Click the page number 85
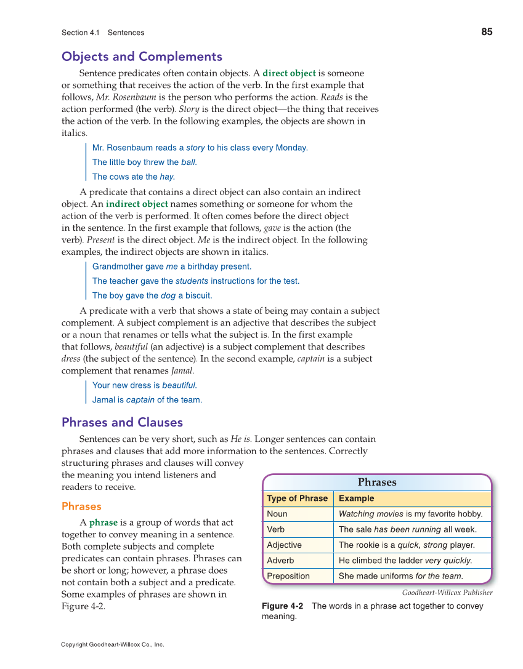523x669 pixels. [487, 32]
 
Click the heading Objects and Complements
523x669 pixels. [142, 57]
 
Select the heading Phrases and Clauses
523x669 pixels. [122, 422]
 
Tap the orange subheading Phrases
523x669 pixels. [81, 507]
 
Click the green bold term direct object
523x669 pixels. [289, 73]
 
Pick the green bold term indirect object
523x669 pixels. [137, 204]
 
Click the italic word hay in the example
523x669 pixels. [167, 177]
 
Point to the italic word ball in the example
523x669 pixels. [189, 162]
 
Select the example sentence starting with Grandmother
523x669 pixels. [171, 266]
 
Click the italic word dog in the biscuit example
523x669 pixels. [168, 295]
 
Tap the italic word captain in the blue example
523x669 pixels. [140, 400]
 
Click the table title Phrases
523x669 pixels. [377, 483]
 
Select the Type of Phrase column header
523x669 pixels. [297, 499]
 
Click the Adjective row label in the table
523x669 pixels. [284, 545]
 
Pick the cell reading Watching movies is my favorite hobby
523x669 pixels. [410, 514]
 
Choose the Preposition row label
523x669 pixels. [288, 576]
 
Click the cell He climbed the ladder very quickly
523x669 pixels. [405, 561]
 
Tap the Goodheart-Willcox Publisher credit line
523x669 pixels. [447, 593]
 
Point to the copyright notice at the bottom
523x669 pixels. [113, 644]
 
